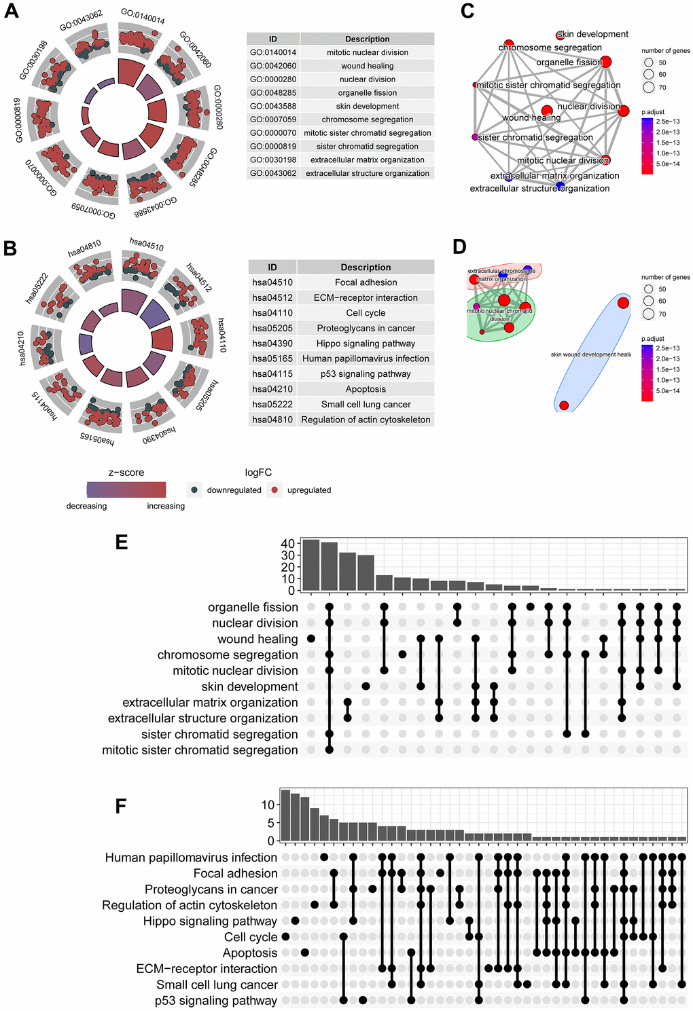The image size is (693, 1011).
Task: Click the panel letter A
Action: point(11,12)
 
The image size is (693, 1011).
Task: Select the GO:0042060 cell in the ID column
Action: point(272,66)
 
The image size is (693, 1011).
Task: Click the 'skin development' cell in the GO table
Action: point(367,106)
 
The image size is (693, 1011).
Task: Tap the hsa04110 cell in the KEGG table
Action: point(272,313)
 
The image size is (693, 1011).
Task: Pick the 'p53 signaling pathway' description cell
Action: point(366,374)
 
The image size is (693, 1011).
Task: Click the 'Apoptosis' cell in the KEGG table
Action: point(366,389)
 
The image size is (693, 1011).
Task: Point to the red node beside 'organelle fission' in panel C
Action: point(606,62)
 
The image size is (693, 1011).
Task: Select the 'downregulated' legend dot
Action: point(195,490)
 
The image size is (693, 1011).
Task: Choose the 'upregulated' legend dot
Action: point(274,490)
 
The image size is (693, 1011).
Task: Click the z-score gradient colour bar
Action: point(126,490)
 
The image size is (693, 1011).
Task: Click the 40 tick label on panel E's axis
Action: point(287,544)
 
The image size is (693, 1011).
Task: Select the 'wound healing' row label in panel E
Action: point(257,639)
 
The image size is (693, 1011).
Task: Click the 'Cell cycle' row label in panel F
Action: point(251,937)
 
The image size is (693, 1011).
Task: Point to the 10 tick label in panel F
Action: point(268,805)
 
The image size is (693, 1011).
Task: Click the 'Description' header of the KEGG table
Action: point(366,268)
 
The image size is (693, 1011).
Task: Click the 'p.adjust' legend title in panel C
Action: point(652,112)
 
